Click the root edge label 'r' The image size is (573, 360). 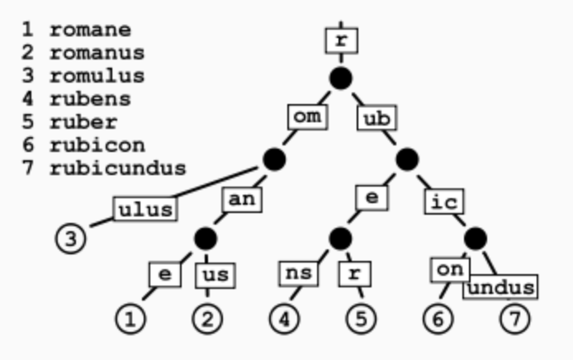[x=341, y=39]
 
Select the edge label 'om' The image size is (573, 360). [x=307, y=117]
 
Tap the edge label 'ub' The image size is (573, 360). [x=376, y=118]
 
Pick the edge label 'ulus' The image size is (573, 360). [x=145, y=209]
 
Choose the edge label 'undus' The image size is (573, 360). [x=500, y=287]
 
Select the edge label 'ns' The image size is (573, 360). [x=296, y=272]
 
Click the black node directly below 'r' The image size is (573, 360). [x=341, y=78]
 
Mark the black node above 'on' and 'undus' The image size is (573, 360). [x=474, y=239]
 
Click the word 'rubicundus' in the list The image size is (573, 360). [x=117, y=169]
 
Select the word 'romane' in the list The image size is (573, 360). [x=89, y=31]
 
